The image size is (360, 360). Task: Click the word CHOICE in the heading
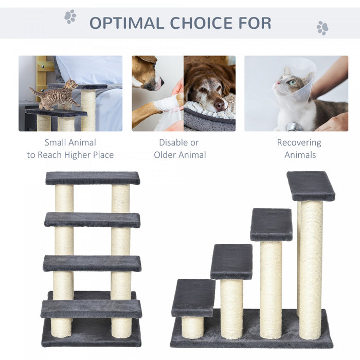(197, 23)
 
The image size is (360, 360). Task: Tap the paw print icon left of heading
(70, 16)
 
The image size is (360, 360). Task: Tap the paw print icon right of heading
(322, 28)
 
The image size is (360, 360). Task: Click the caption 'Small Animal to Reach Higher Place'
(70, 149)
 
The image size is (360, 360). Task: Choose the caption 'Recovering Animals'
(299, 149)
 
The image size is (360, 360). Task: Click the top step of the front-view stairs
(93, 178)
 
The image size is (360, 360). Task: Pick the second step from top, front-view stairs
(93, 220)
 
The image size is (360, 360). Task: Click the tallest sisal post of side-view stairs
(311, 267)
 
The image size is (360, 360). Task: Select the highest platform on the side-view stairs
(311, 185)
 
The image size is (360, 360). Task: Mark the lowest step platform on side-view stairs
(193, 297)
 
